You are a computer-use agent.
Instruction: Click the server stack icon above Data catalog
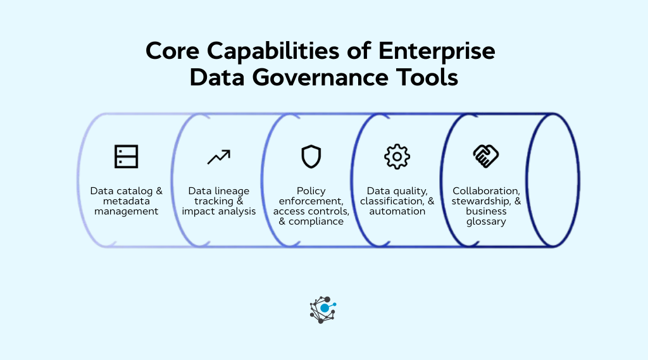pos(127,156)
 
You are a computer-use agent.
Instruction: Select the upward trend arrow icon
pos(219,157)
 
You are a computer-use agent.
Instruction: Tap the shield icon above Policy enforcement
pos(311,156)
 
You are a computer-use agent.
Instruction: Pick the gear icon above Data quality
pos(397,156)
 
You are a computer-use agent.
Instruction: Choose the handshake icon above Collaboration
pos(486,156)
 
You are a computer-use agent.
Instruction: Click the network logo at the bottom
pos(323,309)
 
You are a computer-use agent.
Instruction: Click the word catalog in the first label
pos(132,191)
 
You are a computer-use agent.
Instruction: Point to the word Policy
pos(311,191)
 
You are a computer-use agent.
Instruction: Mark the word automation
pos(397,211)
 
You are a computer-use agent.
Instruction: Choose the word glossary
pos(486,221)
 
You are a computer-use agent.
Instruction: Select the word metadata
pos(127,201)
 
